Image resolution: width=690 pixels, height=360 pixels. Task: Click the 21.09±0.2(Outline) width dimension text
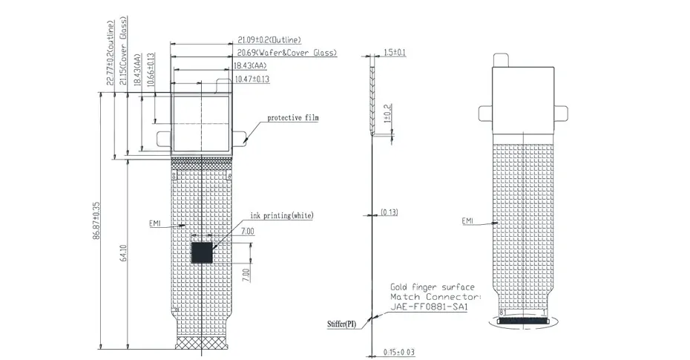click(269, 40)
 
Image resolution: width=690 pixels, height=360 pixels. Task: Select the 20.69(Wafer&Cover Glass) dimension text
click(287, 53)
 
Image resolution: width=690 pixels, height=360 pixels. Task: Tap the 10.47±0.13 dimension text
click(252, 79)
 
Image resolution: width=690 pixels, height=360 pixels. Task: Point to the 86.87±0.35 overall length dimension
click(96, 220)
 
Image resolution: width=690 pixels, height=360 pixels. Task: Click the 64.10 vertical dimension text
click(124, 253)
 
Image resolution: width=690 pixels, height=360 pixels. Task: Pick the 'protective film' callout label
click(293, 118)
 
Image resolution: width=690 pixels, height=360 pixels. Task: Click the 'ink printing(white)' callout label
click(282, 216)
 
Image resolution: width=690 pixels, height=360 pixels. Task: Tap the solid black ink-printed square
click(202, 252)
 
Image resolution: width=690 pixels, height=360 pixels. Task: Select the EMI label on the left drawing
click(155, 223)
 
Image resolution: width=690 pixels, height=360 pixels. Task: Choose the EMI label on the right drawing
click(467, 221)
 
